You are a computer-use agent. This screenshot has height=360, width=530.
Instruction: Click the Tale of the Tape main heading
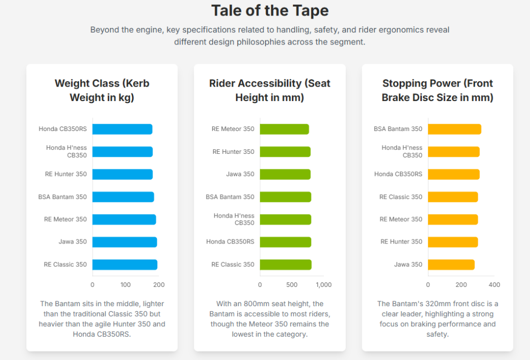(270, 10)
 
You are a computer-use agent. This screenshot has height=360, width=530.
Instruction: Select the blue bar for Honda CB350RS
(122, 129)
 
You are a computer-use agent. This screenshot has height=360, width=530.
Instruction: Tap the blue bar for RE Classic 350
(125, 265)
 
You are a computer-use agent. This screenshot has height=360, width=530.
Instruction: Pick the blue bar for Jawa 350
(124, 242)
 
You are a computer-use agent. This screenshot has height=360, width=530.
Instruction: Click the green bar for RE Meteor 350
(284, 129)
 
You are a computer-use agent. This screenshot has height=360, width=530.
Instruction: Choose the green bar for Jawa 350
(285, 174)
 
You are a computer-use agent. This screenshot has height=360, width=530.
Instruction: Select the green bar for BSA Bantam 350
(285, 197)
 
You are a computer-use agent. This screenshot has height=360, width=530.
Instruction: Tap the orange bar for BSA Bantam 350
(454, 129)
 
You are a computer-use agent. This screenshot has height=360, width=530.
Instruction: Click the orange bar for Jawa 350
(451, 265)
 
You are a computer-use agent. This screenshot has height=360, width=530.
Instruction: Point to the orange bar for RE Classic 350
(452, 197)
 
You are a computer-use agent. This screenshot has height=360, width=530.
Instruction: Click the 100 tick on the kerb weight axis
(126, 284)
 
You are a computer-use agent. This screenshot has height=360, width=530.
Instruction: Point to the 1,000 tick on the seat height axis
(323, 284)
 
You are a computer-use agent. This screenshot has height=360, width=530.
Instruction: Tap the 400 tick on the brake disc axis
(494, 284)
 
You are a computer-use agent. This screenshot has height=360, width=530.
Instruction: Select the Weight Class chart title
(102, 90)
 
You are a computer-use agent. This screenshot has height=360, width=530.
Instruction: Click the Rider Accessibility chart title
(270, 90)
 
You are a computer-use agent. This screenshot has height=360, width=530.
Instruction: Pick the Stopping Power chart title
(437, 90)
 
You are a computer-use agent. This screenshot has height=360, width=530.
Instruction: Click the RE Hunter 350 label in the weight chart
(66, 174)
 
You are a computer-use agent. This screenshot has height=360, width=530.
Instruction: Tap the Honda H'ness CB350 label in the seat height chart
(233, 219)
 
